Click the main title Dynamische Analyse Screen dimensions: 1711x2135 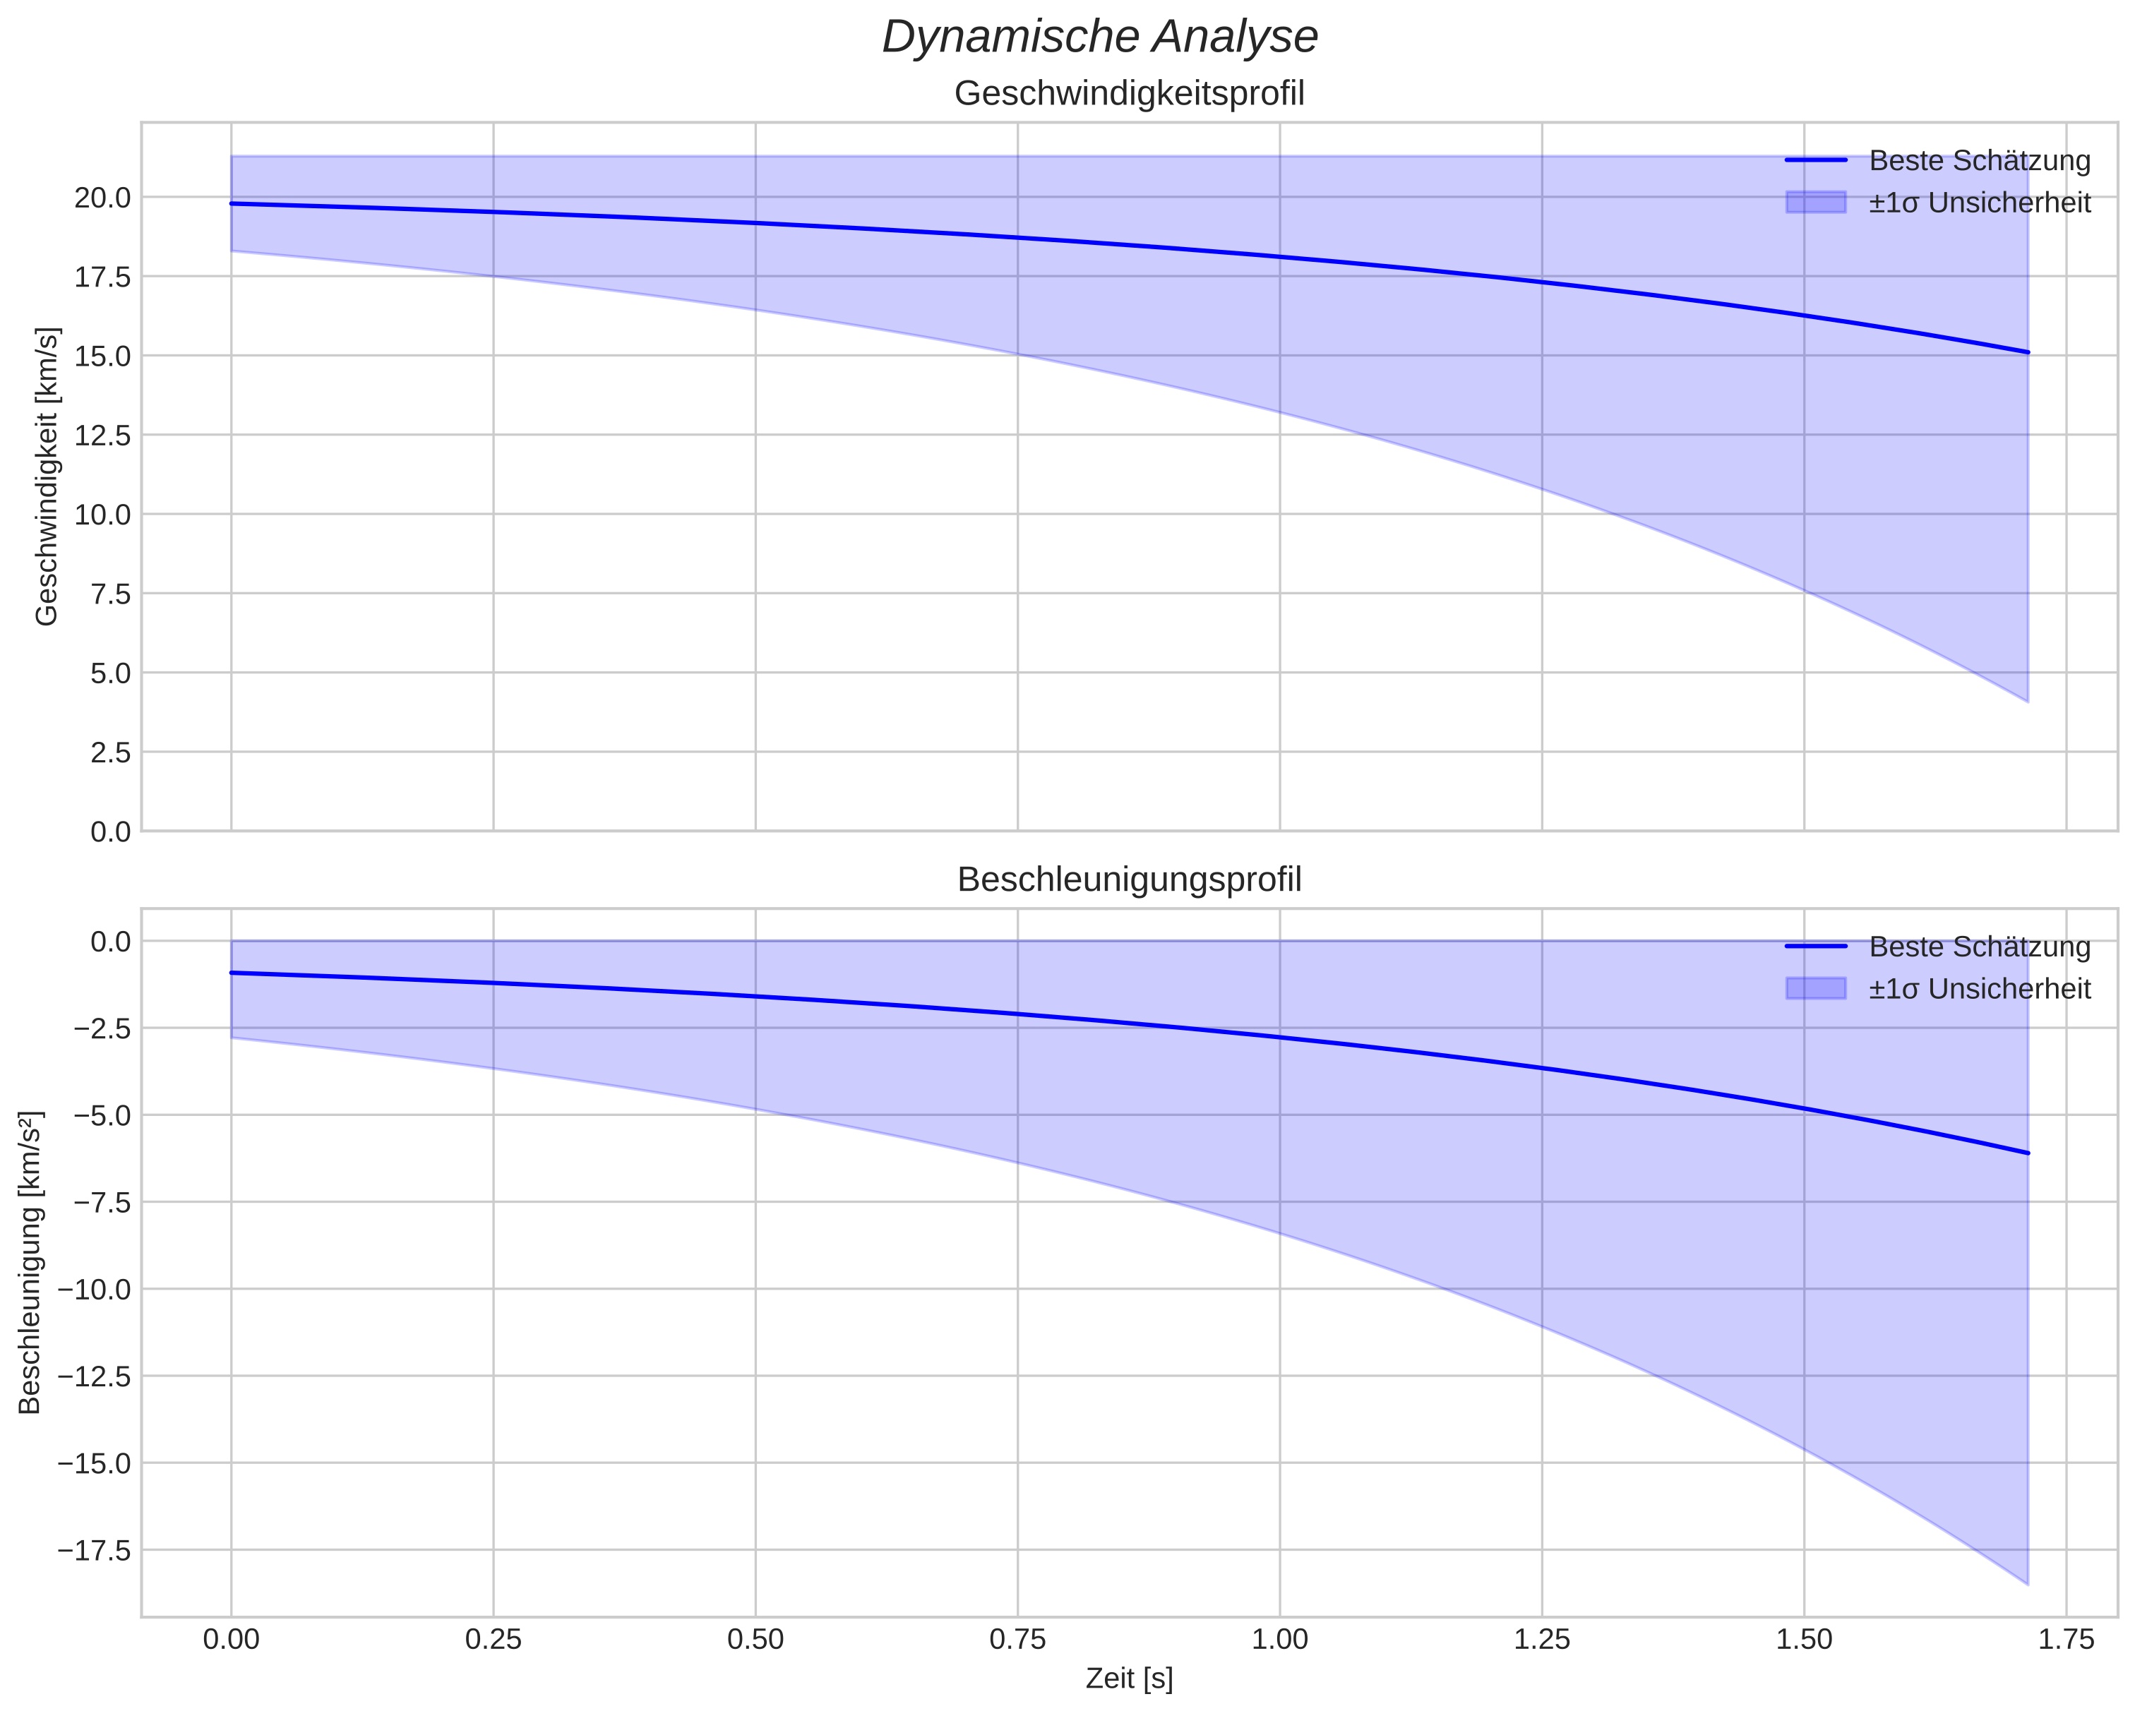tap(1099, 37)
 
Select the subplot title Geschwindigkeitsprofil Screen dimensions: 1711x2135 tap(1129, 94)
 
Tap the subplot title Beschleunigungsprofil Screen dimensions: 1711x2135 tap(1129, 880)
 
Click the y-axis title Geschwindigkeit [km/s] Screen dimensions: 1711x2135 tap(47, 476)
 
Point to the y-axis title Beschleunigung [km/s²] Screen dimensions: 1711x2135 tap(30, 1263)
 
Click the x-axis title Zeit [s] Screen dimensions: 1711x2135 tap(1129, 1679)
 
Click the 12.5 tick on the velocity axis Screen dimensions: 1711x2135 tap(103, 436)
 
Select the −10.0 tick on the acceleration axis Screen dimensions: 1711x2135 tap(95, 1289)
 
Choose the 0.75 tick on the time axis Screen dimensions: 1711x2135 tap(1018, 1640)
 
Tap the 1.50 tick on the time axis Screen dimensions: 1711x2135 tap(1805, 1640)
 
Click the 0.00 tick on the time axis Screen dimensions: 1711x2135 tap(231, 1640)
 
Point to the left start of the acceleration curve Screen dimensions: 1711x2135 tap(232, 973)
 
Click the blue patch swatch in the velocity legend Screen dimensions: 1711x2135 tap(1815, 202)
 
